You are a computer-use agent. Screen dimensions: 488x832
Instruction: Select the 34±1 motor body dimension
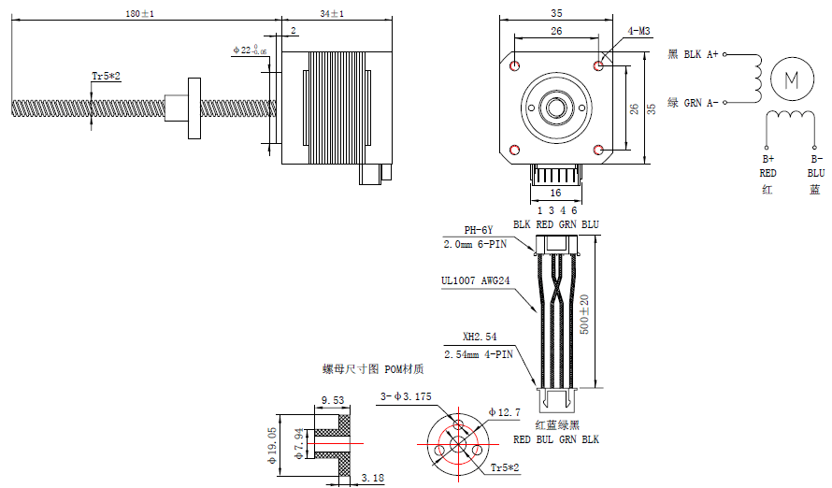[x=331, y=13]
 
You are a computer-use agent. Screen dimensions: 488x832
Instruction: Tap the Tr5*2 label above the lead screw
[x=107, y=75]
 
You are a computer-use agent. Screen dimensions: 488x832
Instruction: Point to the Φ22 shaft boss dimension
[x=249, y=50]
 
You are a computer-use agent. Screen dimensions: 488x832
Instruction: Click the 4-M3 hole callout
[x=639, y=31]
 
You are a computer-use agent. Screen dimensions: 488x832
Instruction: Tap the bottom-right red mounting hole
[x=599, y=150]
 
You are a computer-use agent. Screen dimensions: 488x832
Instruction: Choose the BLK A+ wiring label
[x=693, y=55]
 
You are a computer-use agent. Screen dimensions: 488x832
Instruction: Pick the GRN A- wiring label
[x=693, y=103]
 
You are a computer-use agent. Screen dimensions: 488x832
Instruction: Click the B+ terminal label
[x=767, y=159]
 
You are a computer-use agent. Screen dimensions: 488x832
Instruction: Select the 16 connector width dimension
[x=555, y=193]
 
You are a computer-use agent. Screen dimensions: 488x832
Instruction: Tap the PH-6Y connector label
[x=478, y=230]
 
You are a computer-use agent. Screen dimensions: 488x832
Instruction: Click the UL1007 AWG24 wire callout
[x=476, y=280]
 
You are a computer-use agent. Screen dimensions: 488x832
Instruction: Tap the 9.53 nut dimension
[x=332, y=400]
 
